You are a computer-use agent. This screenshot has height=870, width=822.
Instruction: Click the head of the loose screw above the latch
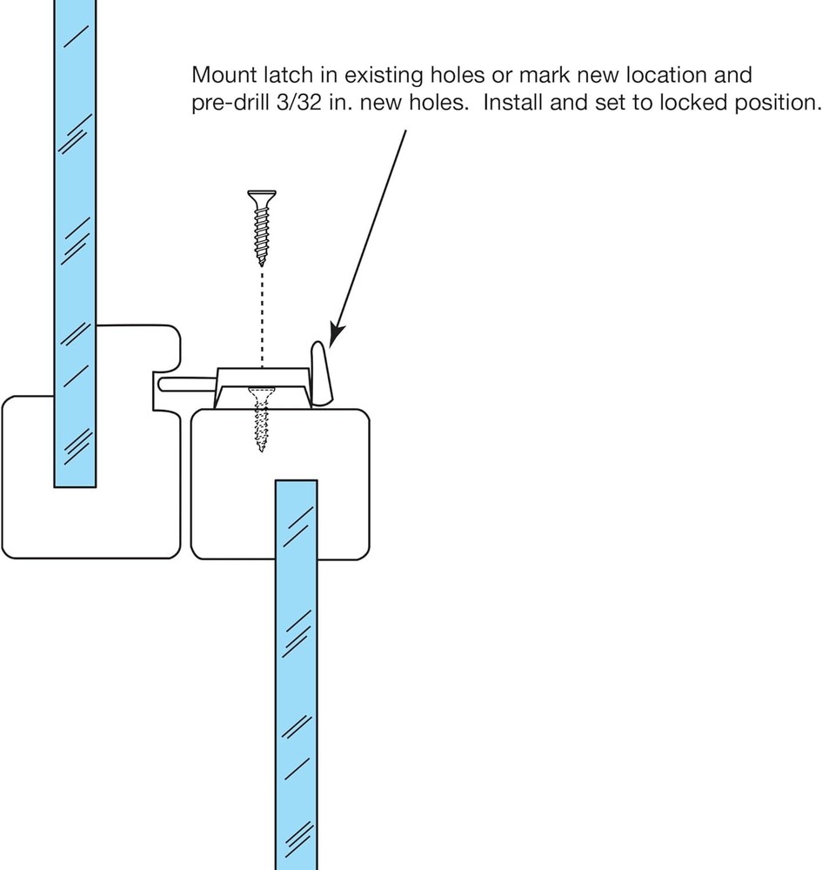pos(260,195)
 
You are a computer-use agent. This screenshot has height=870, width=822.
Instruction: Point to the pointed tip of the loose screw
pos(260,263)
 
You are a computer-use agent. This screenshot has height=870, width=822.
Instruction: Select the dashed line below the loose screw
pos(260,313)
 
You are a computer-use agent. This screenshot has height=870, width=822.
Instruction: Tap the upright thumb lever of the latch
pos(319,374)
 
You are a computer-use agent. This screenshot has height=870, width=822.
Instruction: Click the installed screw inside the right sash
pos(260,422)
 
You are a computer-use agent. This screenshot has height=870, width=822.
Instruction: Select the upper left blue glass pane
pos(75,217)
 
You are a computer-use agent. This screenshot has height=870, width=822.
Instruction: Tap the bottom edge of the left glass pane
pos(75,485)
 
